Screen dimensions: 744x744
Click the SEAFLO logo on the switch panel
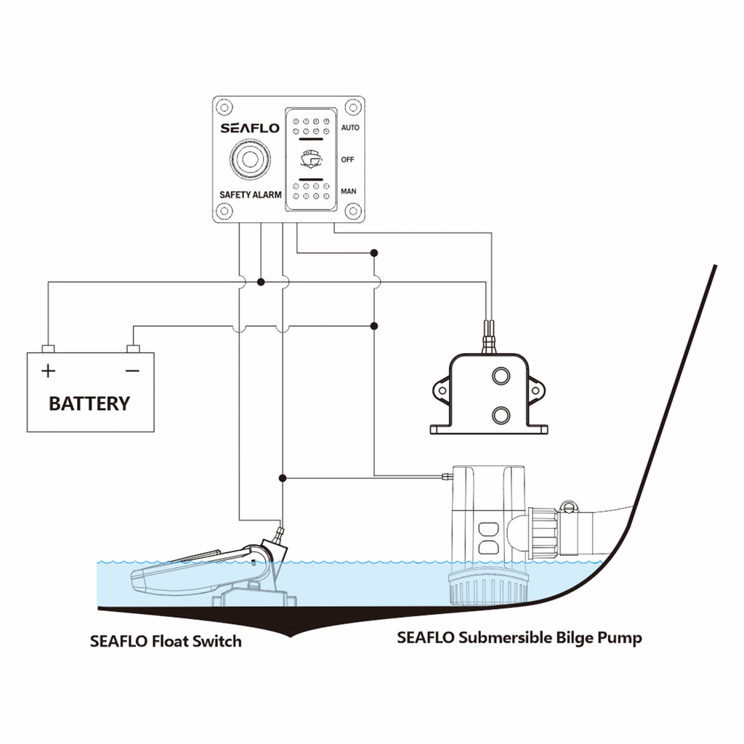[250, 129]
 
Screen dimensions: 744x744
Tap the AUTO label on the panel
[350, 128]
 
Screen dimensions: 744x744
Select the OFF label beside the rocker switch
[347, 160]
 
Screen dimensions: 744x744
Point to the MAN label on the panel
[349, 192]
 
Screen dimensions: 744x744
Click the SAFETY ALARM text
[251, 195]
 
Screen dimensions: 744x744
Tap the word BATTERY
[89, 403]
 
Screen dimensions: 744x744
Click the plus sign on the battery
[48, 371]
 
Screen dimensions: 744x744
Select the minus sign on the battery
[132, 371]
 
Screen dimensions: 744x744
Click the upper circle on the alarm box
[501, 376]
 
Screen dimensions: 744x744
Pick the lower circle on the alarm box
[501, 415]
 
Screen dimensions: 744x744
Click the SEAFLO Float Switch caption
[166, 642]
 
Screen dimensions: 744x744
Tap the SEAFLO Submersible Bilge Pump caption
[519, 639]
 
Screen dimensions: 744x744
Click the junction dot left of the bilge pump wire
[283, 478]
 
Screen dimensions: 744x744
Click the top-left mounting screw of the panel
[224, 106]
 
